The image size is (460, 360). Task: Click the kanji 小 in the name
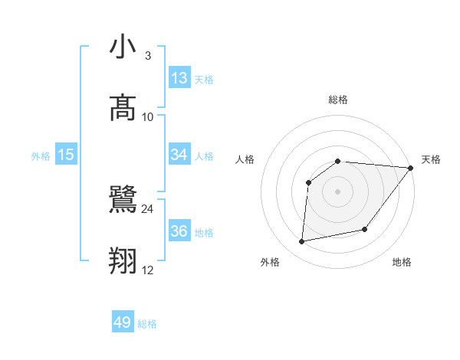(123, 47)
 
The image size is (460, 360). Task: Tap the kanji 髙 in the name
(123, 108)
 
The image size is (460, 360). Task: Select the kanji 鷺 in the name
(123, 201)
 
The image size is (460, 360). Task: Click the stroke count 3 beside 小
(147, 56)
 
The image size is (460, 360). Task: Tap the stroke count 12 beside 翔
(147, 270)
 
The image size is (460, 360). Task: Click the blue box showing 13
(179, 78)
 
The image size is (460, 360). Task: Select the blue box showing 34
(179, 155)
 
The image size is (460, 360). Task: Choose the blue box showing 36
(179, 231)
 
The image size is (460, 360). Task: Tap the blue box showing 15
(66, 155)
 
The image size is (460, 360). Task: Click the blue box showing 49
(123, 323)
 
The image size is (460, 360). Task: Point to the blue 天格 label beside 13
(204, 80)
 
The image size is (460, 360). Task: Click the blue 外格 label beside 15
(41, 156)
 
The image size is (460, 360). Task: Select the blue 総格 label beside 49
(147, 325)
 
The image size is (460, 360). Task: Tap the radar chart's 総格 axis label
(338, 100)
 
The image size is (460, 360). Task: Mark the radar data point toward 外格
(302, 242)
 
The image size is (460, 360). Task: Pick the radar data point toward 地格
(365, 229)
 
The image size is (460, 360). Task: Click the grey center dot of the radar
(338, 191)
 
